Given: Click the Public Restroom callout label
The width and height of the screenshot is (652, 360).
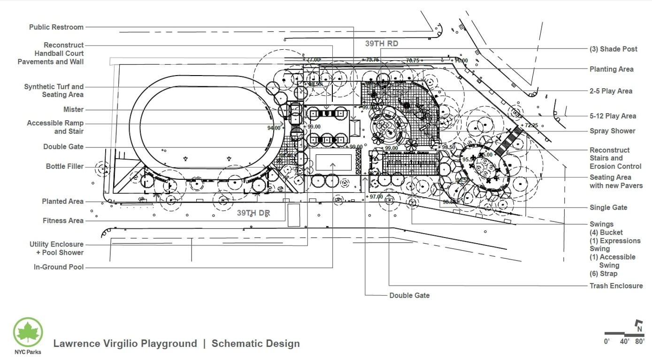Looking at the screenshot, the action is (x=56, y=27).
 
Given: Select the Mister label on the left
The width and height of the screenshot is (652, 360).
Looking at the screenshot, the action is (x=73, y=109).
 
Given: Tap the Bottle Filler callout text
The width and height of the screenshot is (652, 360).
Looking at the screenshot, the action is (x=65, y=167).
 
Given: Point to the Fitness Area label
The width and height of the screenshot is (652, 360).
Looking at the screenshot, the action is (x=63, y=221).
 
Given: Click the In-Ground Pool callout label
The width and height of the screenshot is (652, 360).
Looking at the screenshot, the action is (x=59, y=267).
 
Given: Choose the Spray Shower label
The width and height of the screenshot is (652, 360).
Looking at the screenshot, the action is (x=613, y=131).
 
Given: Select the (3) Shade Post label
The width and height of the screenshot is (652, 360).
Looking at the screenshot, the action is (x=614, y=49).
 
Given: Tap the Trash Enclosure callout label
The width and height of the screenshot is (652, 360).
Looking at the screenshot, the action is (x=616, y=285).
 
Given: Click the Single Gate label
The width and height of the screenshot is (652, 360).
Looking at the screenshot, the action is (x=608, y=207).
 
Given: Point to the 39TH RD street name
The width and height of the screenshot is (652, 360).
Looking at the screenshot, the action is (x=382, y=44).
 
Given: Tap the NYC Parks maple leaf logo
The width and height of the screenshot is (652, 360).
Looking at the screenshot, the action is (x=28, y=332).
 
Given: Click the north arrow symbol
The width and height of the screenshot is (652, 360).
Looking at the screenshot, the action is (x=638, y=324).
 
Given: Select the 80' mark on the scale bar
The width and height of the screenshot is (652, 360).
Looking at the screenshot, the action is (x=639, y=342).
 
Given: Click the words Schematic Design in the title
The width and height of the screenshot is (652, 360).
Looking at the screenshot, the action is (x=255, y=344).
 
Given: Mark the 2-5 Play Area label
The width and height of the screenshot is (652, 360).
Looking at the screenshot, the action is (x=611, y=91).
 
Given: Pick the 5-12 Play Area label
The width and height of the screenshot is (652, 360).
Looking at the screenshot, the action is (x=613, y=116).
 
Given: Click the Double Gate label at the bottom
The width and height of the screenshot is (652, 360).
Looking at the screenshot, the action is (x=409, y=296).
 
